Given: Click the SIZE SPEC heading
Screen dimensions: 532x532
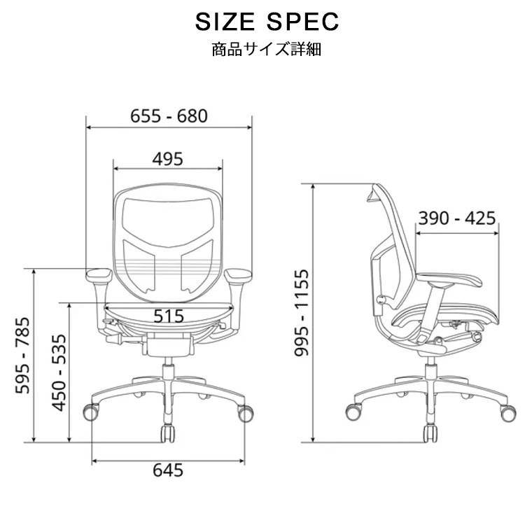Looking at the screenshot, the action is pyautogui.click(x=267, y=22).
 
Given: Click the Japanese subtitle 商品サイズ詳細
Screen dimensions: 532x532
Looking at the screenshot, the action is pyautogui.click(x=266, y=50).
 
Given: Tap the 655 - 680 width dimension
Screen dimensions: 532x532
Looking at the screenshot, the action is pyautogui.click(x=169, y=116).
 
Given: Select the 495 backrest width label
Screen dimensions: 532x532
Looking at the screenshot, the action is pyautogui.click(x=167, y=159).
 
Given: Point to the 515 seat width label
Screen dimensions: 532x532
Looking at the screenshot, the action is pyautogui.click(x=169, y=316).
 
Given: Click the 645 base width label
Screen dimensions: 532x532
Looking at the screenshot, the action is pyautogui.click(x=168, y=470).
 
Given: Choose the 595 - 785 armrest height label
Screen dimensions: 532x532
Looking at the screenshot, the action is pyautogui.click(x=22, y=355).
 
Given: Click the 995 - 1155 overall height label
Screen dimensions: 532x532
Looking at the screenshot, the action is pyautogui.click(x=301, y=313).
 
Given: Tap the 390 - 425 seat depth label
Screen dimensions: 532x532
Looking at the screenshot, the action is pyautogui.click(x=456, y=218).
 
